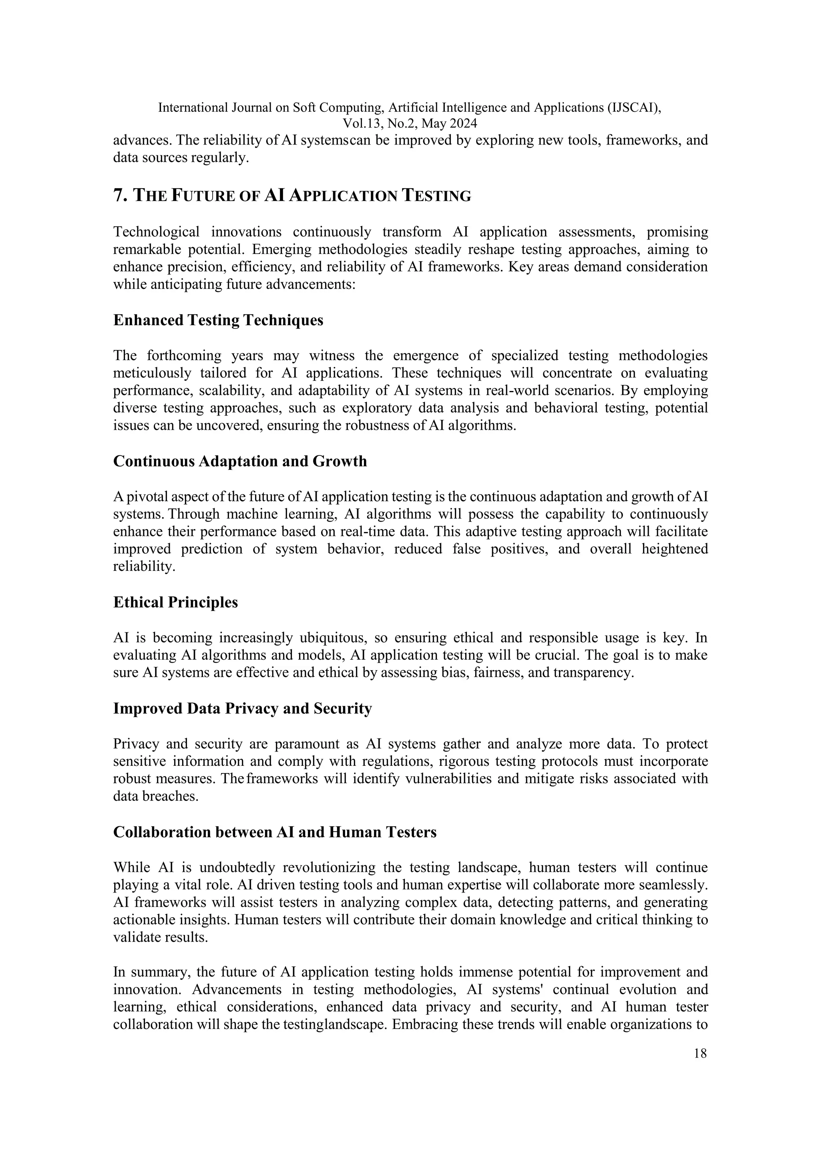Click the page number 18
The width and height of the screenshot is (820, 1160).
[700, 1053]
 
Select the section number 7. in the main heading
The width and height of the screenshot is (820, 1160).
[120, 195]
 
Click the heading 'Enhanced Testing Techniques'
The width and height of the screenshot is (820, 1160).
[218, 320]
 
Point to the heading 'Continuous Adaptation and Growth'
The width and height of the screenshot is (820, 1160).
[240, 461]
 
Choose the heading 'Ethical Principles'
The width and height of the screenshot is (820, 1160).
[175, 602]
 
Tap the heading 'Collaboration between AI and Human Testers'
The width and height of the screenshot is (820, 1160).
[275, 832]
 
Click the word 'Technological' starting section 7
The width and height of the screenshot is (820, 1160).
[157, 232]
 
